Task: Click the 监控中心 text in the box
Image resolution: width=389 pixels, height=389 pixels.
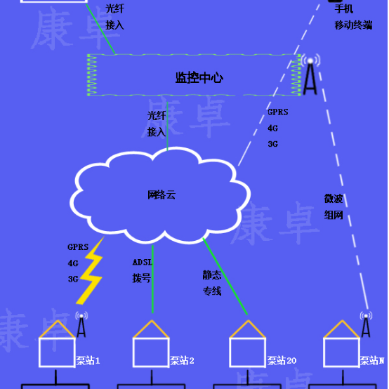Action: click(199, 77)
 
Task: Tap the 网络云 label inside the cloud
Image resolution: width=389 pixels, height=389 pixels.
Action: click(161, 195)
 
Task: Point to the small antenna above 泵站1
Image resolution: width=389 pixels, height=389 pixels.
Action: click(81, 324)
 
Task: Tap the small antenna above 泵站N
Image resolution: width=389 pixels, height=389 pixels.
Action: click(365, 324)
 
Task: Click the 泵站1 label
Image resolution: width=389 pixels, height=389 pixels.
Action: click(88, 361)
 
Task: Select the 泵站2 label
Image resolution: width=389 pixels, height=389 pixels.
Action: click(182, 361)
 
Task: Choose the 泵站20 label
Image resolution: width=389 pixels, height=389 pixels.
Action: click(281, 361)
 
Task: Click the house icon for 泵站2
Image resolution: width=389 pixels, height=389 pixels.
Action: click(152, 345)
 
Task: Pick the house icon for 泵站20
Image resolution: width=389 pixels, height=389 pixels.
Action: click(248, 345)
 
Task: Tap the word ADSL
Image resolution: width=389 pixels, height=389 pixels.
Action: click(143, 263)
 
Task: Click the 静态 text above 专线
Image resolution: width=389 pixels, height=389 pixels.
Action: click(212, 276)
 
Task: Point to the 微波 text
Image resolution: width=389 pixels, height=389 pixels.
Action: click(333, 199)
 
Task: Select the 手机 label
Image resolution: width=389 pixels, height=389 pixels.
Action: click(344, 9)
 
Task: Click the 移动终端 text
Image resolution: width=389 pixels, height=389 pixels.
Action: click(353, 25)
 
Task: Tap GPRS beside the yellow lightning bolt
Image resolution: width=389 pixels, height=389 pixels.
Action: click(78, 247)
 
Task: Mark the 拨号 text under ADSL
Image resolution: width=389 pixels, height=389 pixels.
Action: click(142, 278)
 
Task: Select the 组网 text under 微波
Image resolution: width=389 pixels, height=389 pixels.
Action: click(333, 215)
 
